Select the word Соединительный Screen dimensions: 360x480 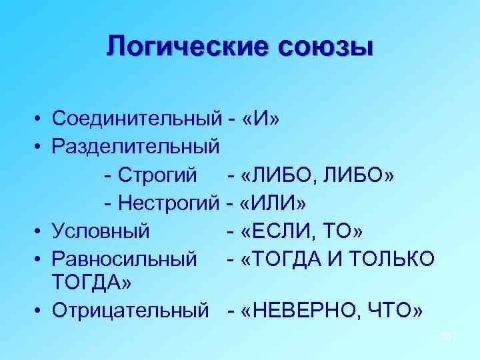pos(136,119)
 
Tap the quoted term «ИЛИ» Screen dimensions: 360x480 pos(271,202)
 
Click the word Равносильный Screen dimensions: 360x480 pos(124,258)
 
